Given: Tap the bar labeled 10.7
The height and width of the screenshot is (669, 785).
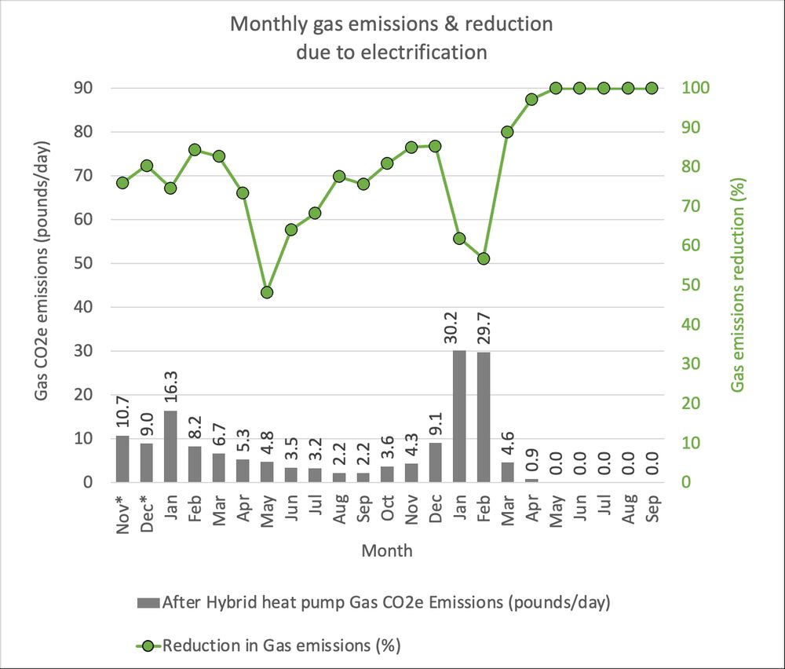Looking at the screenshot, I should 122,459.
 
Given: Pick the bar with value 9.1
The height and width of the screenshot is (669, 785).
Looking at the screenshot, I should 436,462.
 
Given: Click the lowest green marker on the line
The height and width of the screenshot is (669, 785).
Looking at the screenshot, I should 267,292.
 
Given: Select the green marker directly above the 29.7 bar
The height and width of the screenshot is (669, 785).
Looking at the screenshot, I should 484,258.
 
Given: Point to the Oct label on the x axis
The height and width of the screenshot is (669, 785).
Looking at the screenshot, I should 388,510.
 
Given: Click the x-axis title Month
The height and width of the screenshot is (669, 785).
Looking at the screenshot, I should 387,551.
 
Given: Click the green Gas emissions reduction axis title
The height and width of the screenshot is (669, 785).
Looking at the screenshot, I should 738,284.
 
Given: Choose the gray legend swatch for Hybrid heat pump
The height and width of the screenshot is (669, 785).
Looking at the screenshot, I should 148,603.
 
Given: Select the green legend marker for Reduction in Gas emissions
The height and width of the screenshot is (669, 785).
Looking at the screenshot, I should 148,646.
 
